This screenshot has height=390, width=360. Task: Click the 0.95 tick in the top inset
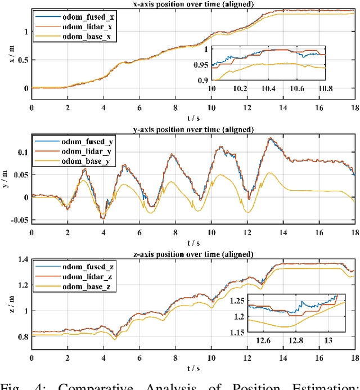pos(201,65)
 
